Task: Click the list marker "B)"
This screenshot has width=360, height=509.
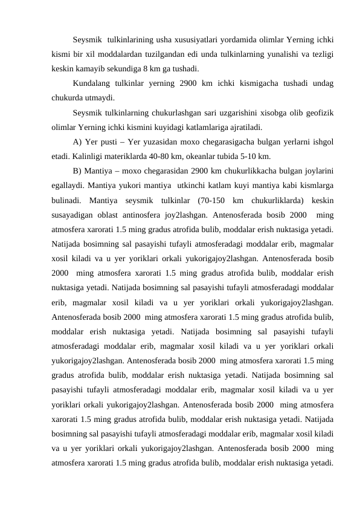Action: pos(77,170)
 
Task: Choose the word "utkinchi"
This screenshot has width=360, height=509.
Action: pos(182,184)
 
